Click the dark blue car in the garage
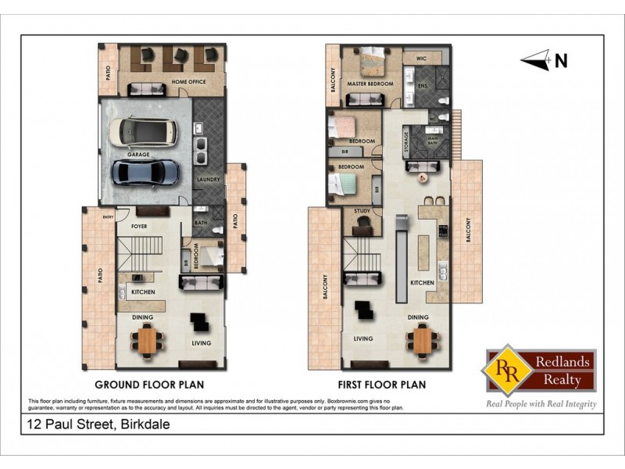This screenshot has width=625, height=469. click(x=145, y=173)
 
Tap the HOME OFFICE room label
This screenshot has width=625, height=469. click(x=191, y=82)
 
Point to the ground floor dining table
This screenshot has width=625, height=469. click(x=147, y=340)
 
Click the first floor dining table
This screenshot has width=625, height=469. click(x=422, y=340)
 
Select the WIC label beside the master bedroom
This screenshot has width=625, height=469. click(x=420, y=58)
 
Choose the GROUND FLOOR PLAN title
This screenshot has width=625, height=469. click(x=149, y=385)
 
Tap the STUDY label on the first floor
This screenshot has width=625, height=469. click(x=362, y=210)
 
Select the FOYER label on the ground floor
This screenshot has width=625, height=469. click(x=139, y=227)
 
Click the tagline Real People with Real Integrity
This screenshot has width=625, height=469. click(x=541, y=404)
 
